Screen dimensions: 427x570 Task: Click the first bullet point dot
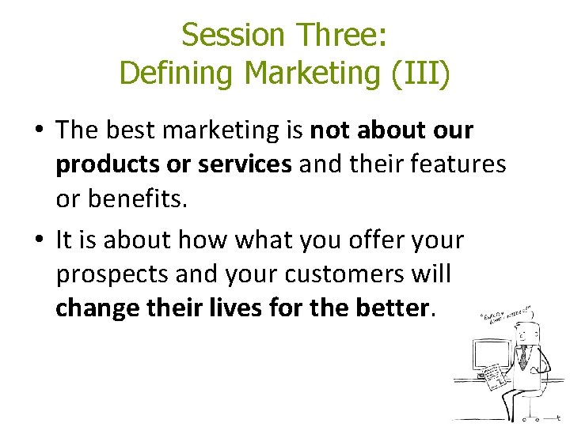tap(39, 131)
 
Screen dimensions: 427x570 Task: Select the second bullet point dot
tap(39, 240)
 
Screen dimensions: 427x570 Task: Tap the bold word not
tap(329, 130)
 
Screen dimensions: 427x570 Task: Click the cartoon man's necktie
tap(522, 357)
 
